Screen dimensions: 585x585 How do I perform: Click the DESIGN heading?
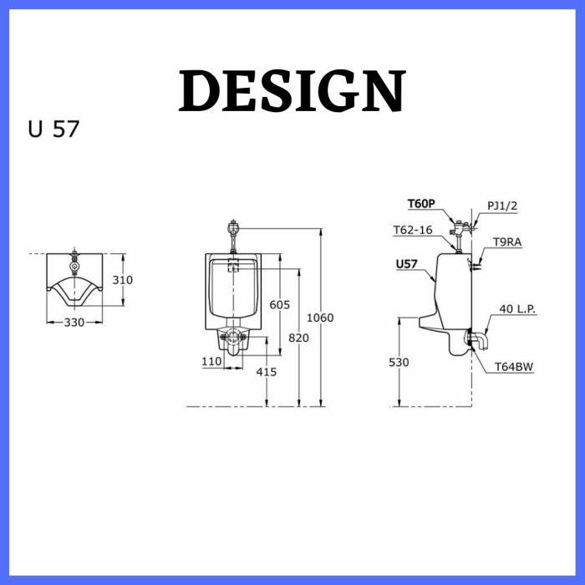[292, 90]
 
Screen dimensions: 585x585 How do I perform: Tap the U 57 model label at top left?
[53, 130]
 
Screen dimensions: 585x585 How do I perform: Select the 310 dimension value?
[123, 280]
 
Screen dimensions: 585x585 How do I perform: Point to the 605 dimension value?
[280, 305]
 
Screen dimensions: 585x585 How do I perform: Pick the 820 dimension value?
[298, 338]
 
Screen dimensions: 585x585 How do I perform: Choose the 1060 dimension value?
[321, 318]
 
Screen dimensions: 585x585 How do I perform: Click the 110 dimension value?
[211, 361]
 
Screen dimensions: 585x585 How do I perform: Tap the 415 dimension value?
[267, 372]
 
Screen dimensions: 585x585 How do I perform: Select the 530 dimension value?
[399, 362]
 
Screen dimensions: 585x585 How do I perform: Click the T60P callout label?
[421, 203]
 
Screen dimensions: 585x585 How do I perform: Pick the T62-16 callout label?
[413, 230]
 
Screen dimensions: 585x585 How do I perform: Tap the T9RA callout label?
[506, 242]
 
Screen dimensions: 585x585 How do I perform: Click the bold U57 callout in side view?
[407, 264]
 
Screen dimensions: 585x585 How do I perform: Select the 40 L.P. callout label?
[517, 308]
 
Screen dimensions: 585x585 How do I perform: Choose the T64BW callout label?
[514, 366]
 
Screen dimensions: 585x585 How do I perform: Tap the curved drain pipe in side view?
[481, 341]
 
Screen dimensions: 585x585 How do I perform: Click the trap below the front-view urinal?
[234, 339]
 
